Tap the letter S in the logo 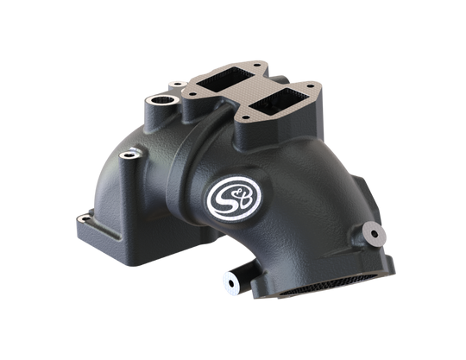tap(226, 199)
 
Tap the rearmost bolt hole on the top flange tap(255, 65)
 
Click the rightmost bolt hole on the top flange tap(311, 86)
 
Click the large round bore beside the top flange tap(162, 100)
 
